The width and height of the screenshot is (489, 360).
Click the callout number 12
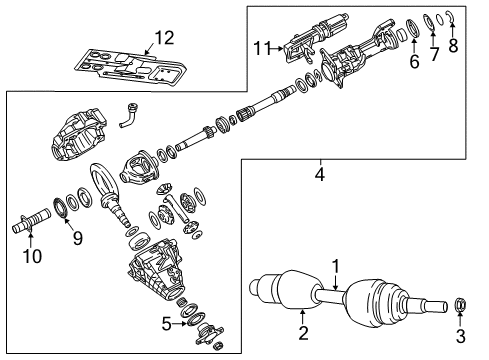coord(163,39)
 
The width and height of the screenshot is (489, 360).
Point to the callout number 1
coord(337,266)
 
